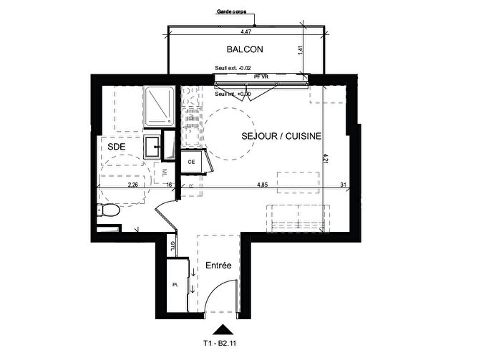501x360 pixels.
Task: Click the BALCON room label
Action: tap(245, 50)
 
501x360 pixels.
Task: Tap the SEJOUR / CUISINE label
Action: tap(281, 135)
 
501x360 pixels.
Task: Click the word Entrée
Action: tap(219, 266)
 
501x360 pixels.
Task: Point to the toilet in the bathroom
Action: tap(107, 210)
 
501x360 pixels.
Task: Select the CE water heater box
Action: tap(192, 162)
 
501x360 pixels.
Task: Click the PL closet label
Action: tap(175, 285)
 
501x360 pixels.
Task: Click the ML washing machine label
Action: tap(164, 172)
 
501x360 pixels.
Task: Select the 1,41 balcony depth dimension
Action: tap(302, 50)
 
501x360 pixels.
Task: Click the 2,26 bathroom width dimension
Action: tap(132, 185)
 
